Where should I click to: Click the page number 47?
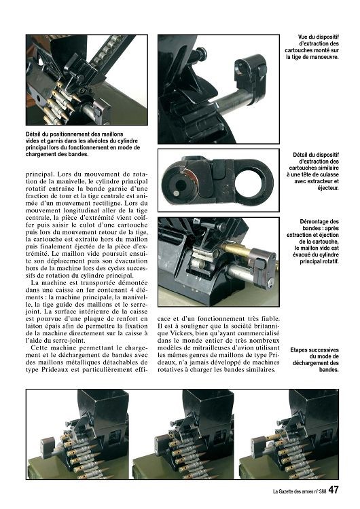click(334, 490)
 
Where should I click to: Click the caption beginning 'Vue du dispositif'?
click(312, 47)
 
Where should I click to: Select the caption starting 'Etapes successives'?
click(314, 360)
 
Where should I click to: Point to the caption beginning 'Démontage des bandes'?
click(312, 242)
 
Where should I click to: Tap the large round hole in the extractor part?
click(252, 181)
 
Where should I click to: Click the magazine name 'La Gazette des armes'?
click(293, 491)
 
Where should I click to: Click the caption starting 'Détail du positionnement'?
click(83, 144)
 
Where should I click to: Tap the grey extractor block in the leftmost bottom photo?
click(48, 447)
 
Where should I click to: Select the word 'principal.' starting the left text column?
click(38, 174)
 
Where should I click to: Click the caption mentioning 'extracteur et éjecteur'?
click(312, 171)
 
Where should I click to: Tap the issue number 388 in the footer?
click(322, 491)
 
